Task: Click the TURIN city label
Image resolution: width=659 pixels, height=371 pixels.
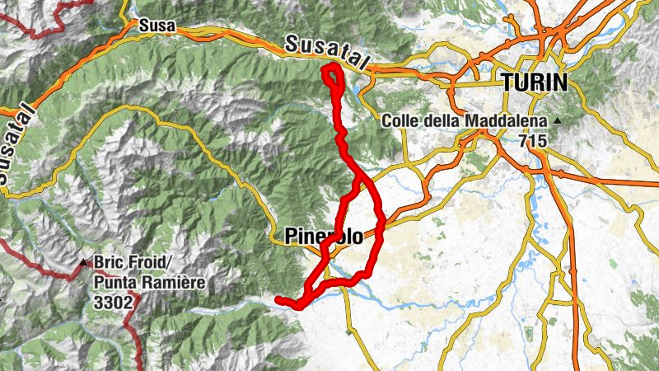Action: pyautogui.click(x=534, y=82)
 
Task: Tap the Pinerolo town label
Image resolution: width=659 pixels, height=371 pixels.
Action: pyautogui.click(x=324, y=237)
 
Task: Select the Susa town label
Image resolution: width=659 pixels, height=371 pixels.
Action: pyautogui.click(x=157, y=26)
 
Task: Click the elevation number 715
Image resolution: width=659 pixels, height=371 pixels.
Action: pyautogui.click(x=533, y=141)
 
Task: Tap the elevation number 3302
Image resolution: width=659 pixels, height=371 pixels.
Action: pyautogui.click(x=114, y=303)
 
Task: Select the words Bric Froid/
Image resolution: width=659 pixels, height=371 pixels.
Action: pyautogui.click(x=132, y=265)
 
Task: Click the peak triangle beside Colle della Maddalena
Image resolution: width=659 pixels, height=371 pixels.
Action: pyautogui.click(x=559, y=122)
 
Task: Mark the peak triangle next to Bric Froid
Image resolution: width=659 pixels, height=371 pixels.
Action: pyautogui.click(x=83, y=265)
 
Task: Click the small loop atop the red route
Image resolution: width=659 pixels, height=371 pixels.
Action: pyautogui.click(x=332, y=76)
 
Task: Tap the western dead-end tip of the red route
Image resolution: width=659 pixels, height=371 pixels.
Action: pyautogui.click(x=278, y=298)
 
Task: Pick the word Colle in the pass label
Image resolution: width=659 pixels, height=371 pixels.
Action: pyautogui.click(x=399, y=121)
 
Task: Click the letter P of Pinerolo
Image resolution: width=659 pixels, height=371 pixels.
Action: pyautogui.click(x=290, y=237)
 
